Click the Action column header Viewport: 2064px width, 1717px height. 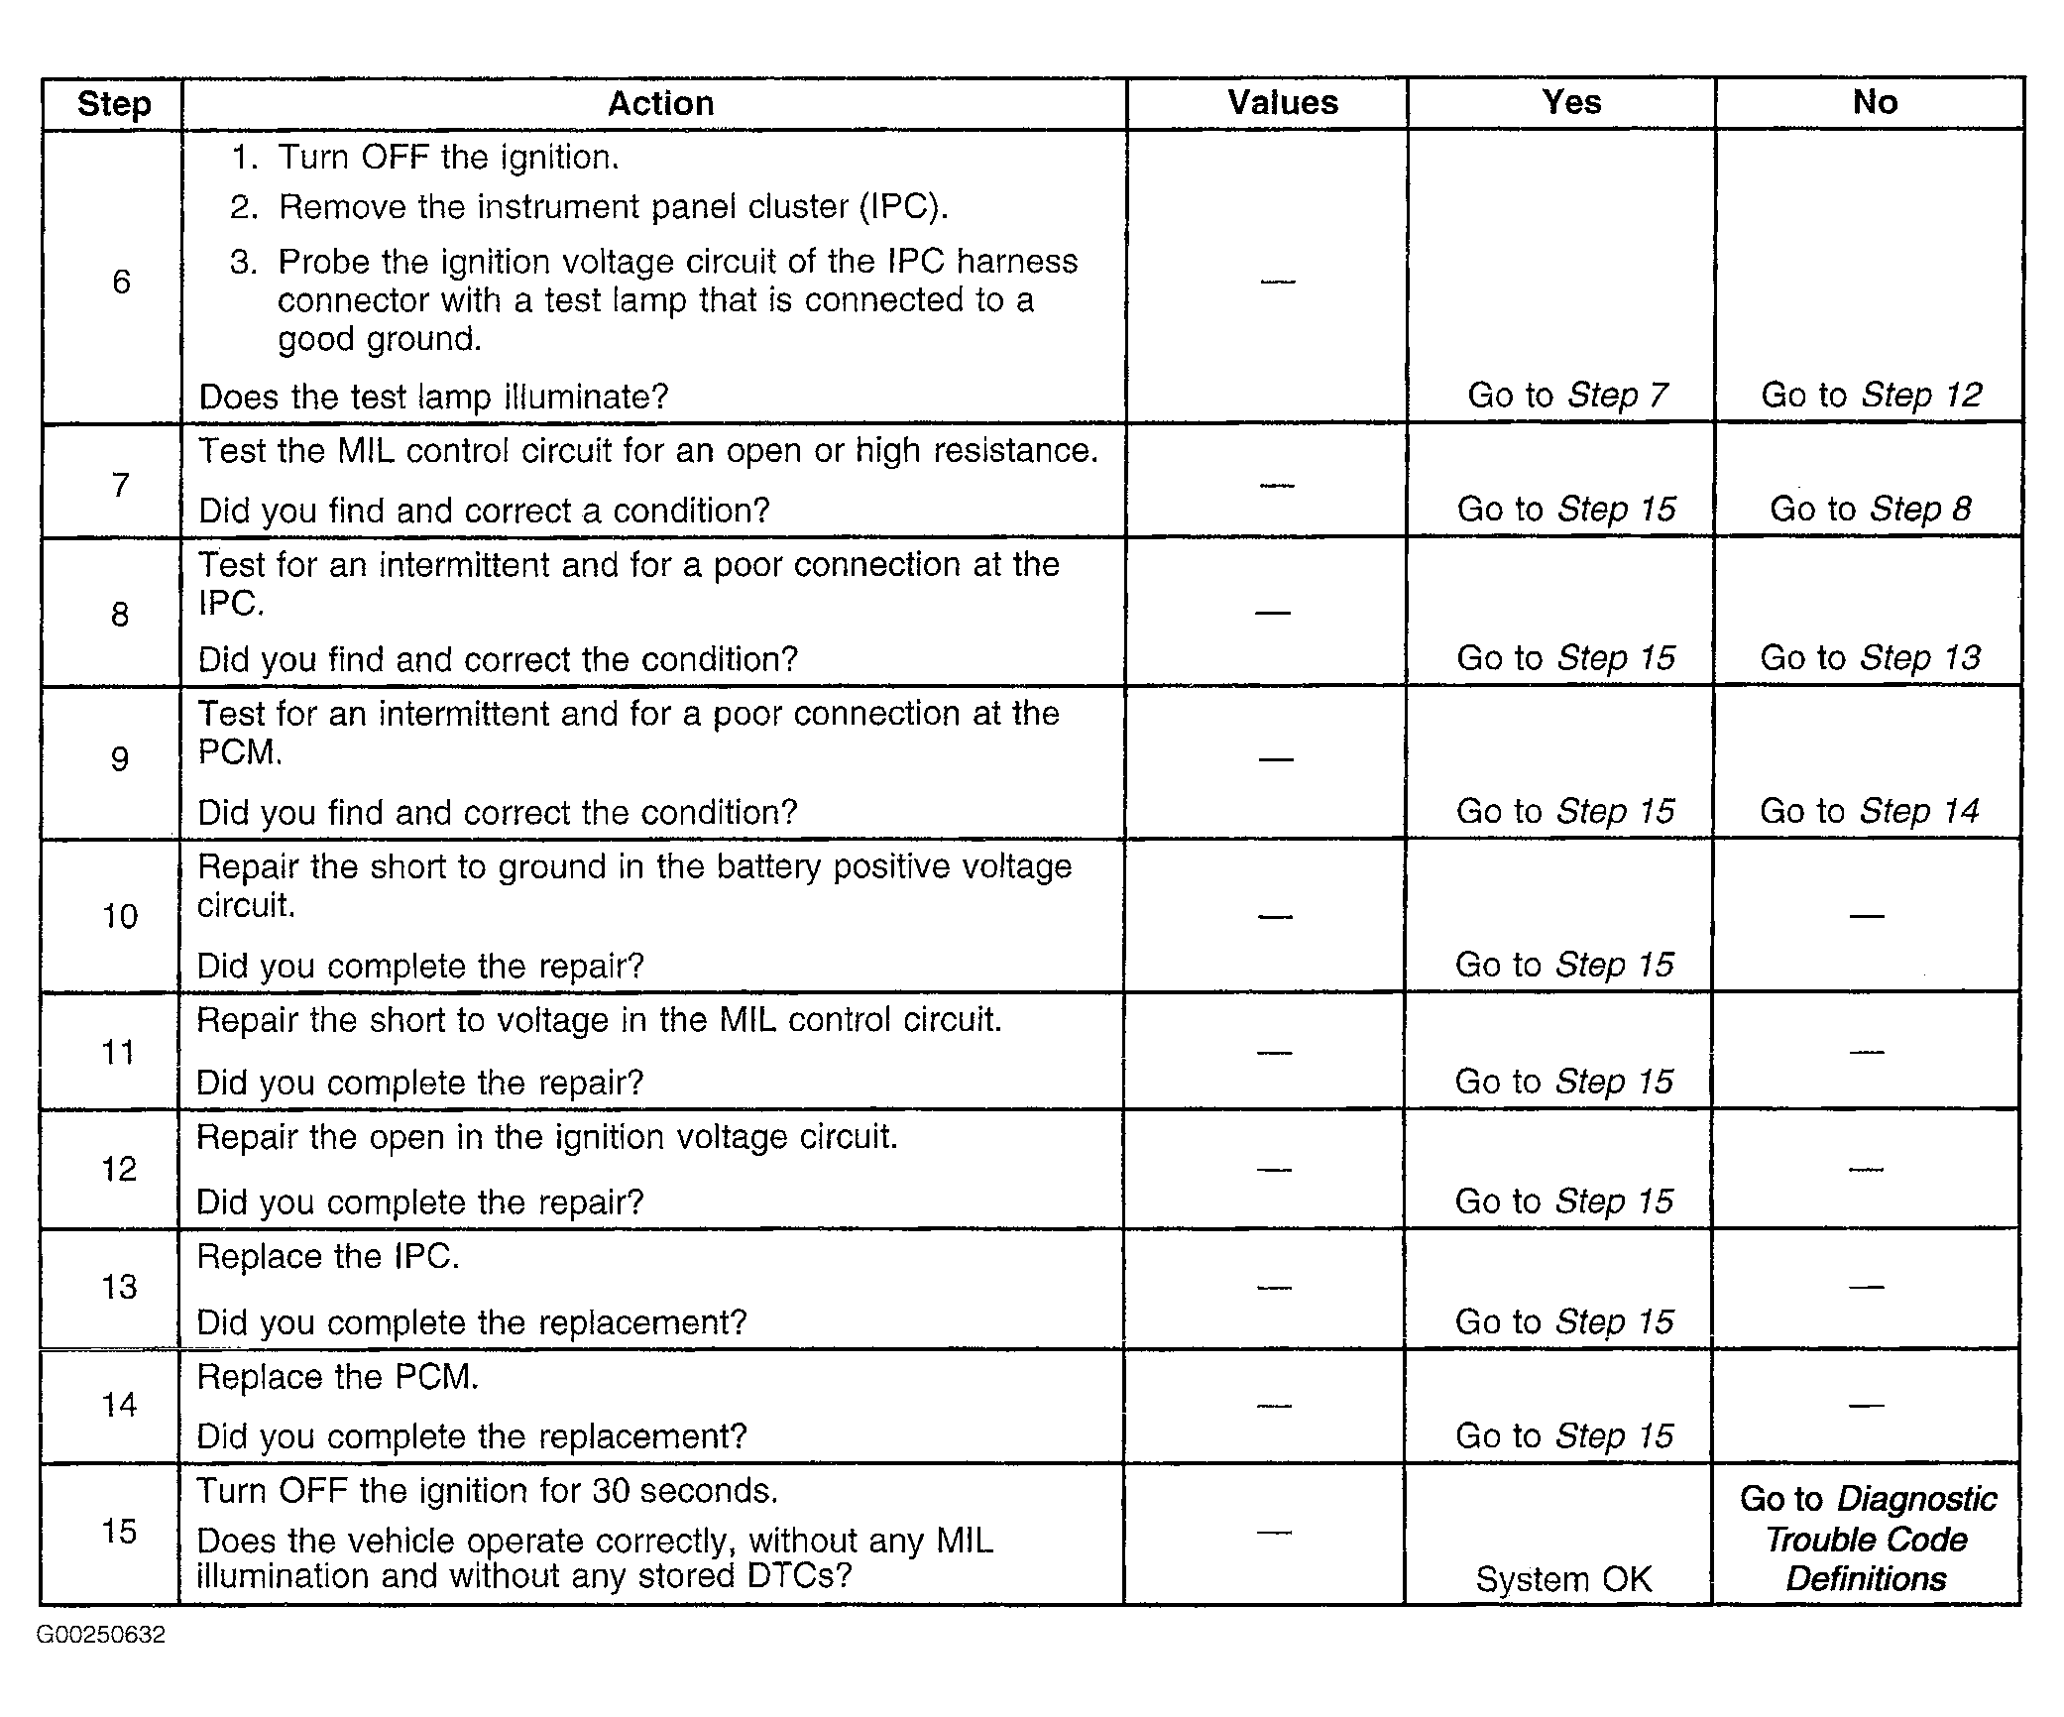tap(660, 104)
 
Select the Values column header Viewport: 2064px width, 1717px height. tap(1282, 103)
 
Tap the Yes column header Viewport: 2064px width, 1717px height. tap(1570, 102)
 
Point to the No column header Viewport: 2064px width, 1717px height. tap(1874, 102)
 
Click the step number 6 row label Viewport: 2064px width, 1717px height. tap(121, 282)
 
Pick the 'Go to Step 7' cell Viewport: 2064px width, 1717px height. tap(1567, 396)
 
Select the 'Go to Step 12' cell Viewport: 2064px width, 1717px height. tap(1871, 396)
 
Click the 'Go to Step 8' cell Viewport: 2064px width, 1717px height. tap(1870, 510)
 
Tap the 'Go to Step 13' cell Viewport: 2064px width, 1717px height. tap(1870, 658)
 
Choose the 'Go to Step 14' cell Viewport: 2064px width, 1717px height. tap(1870, 812)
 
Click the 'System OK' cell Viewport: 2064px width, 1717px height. tap(1563, 1579)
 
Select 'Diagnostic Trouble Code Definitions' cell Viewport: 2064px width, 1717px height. tap(1868, 1539)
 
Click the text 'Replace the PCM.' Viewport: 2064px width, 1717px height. tap(338, 1378)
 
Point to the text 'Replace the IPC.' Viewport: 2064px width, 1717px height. tap(328, 1257)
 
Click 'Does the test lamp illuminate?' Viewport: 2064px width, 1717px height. tap(433, 398)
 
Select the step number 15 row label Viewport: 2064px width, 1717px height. tap(119, 1532)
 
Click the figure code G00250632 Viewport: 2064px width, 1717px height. tap(101, 1635)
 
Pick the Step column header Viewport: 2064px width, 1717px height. tap(114, 104)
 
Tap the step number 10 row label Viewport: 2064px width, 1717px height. tap(120, 916)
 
